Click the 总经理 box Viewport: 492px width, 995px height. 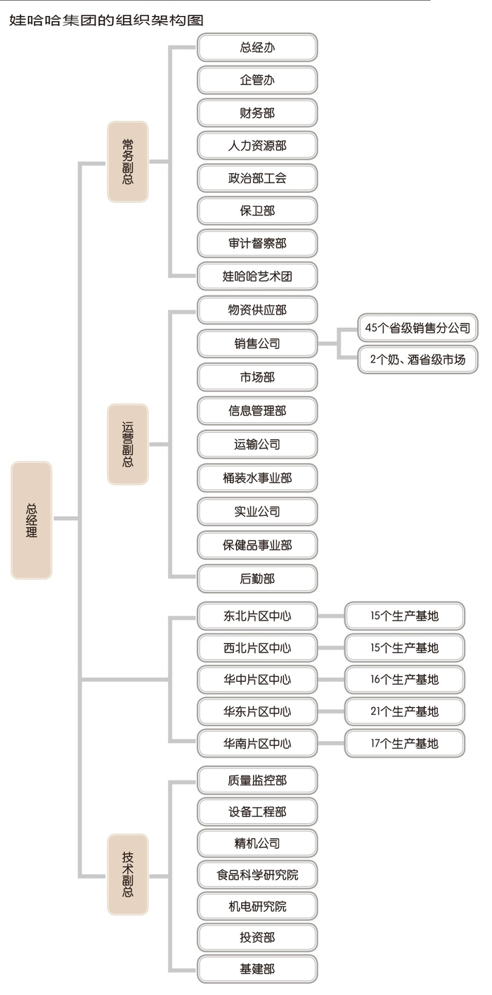pos(31,520)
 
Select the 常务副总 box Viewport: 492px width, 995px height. pos(128,162)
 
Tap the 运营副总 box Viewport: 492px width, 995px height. pos(128,444)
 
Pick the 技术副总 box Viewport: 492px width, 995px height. pos(128,874)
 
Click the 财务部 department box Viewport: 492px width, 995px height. pos(257,113)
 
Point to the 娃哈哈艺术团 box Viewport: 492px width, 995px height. pos(257,277)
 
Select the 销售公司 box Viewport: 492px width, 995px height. pos(257,343)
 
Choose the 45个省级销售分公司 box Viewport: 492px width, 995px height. pos(418,328)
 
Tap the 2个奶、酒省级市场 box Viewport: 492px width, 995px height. pos(418,360)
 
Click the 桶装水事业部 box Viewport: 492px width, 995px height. pos(257,478)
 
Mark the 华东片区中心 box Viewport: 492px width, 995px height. pos(257,711)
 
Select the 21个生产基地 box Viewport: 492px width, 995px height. pos(405,711)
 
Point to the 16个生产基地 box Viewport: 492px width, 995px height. pos(405,680)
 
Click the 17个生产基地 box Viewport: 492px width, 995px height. pos(405,743)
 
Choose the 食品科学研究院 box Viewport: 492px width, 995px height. pos(257,875)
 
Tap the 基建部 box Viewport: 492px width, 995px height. pos(257,969)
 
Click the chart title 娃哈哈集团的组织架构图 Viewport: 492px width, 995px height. pos(106,20)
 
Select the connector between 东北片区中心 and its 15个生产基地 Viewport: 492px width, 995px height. pos(331,616)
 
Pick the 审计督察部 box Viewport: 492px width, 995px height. pos(257,243)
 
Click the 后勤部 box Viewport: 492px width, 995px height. pos(257,579)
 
